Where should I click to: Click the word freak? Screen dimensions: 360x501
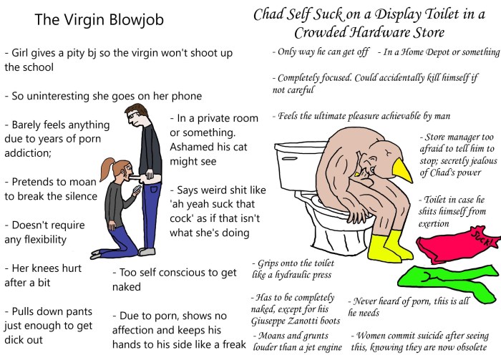tap(229, 344)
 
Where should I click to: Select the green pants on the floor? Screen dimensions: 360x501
tap(444, 283)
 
